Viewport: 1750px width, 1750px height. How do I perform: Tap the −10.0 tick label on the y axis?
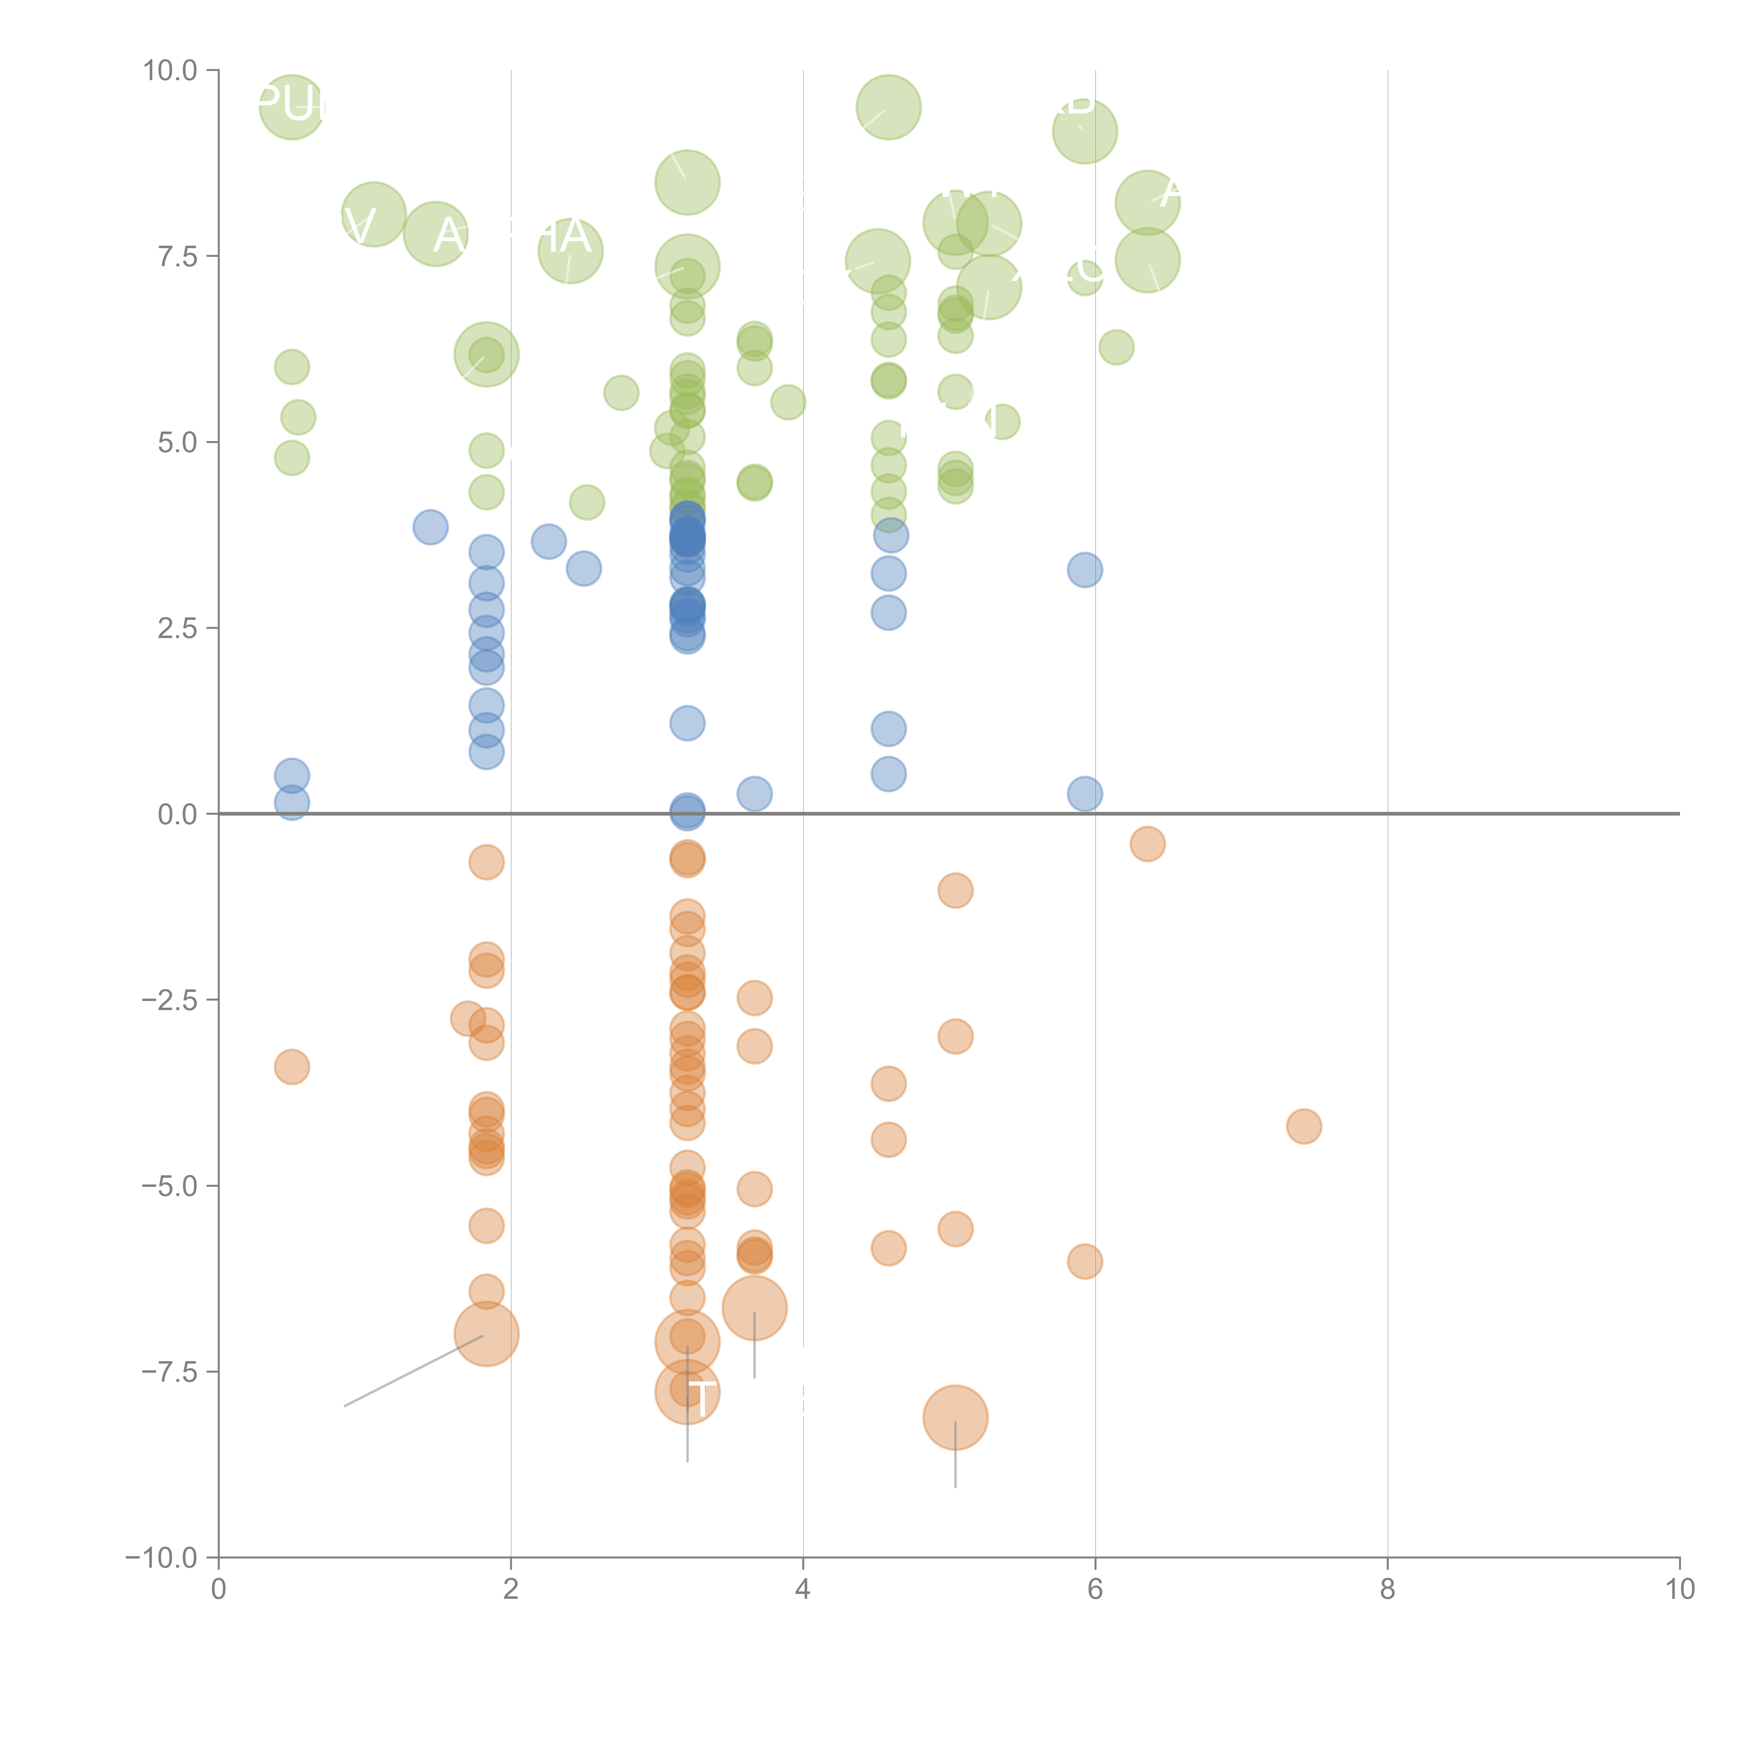click(x=161, y=1558)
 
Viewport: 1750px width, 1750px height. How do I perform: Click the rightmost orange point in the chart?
click(x=1303, y=1126)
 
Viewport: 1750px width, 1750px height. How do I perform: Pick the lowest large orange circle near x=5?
click(x=955, y=1417)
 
